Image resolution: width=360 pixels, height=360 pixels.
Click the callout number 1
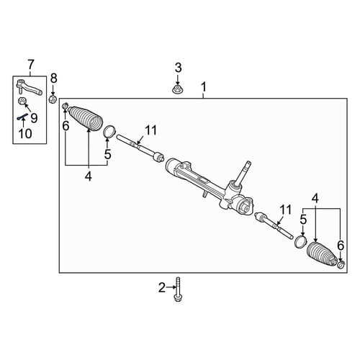pos(204,87)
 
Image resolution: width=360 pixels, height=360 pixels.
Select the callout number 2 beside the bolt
pos(162,287)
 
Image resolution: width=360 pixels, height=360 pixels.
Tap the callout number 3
pos(178,68)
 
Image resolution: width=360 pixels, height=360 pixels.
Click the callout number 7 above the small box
pos(31,65)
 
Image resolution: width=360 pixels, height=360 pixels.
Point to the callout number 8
pos(53,78)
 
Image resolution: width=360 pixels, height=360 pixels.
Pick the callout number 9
pos(34,118)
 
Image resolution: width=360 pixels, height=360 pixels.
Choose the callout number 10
pos(25,133)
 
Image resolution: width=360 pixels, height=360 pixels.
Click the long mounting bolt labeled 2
pos(178,289)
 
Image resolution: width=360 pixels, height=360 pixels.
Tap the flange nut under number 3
pos(177,89)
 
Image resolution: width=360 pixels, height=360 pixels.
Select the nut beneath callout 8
pos(53,99)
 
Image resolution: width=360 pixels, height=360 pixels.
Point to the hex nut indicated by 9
pos(22,101)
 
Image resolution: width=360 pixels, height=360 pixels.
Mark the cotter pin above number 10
pos(22,117)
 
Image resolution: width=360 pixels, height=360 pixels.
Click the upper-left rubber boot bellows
pos(86,118)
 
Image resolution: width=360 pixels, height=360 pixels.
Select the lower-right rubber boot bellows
pos(321,255)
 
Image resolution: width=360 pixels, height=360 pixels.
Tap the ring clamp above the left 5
pos(109,132)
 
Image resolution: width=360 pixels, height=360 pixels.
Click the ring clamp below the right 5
pos(301,241)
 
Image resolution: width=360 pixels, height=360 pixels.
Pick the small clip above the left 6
pos(66,106)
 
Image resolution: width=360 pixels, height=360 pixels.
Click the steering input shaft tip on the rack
pos(248,164)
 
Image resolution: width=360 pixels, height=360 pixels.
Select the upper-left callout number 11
pos(150,131)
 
